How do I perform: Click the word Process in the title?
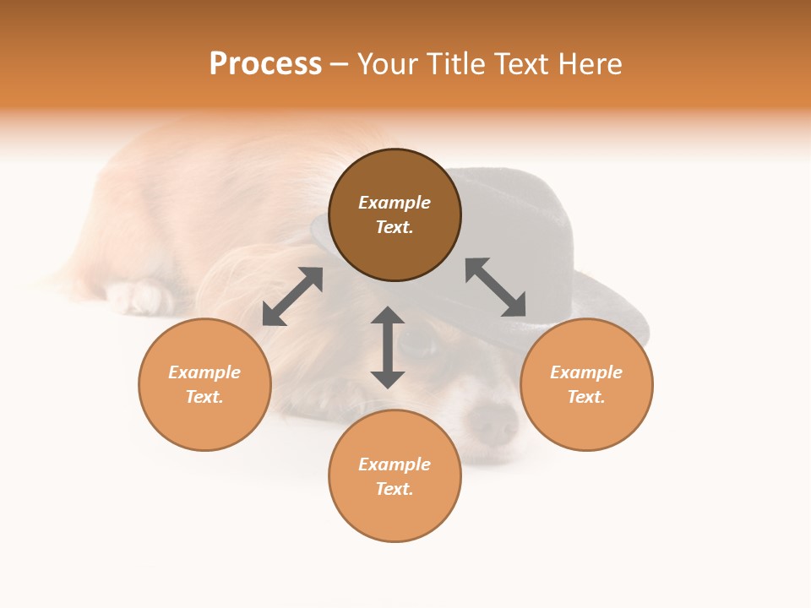[x=265, y=64]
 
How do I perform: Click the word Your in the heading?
[x=388, y=64]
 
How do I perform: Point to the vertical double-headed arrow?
[x=388, y=347]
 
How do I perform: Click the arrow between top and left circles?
[x=292, y=296]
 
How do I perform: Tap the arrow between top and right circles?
[x=496, y=287]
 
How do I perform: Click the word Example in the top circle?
[x=395, y=203]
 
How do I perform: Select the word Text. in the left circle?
[x=204, y=397]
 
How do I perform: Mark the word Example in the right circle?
[x=586, y=372]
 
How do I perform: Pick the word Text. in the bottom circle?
[x=395, y=489]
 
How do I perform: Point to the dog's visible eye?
[x=416, y=344]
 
